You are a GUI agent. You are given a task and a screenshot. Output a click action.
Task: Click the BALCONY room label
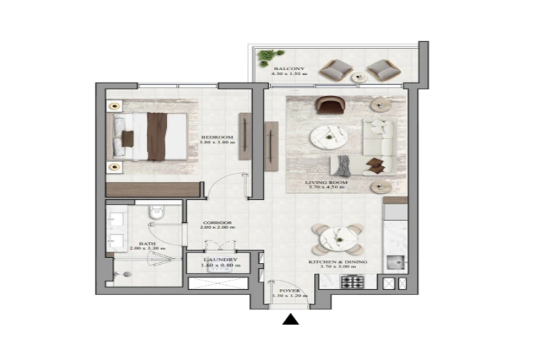[x=290, y=69]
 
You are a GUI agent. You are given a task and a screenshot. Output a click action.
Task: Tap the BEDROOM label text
[x=217, y=137]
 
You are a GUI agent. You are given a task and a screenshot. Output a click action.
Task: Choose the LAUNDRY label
[x=217, y=259]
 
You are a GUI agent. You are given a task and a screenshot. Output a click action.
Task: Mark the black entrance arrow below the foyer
[x=290, y=319]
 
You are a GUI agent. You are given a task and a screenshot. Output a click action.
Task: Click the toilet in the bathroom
[x=157, y=212]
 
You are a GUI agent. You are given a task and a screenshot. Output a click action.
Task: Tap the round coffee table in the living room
[x=328, y=138]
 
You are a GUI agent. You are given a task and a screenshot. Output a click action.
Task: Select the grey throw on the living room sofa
[x=344, y=165]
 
